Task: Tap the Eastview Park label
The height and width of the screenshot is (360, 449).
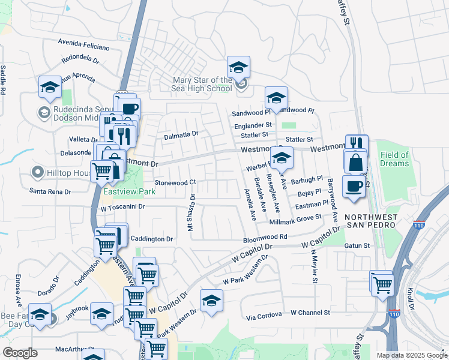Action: [x=129, y=192]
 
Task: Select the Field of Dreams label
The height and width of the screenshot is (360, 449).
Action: [x=394, y=159]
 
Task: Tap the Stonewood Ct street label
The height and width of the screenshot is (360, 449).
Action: [x=175, y=182]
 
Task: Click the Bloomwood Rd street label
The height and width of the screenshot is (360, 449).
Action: [x=265, y=238]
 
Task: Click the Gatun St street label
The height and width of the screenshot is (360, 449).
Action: [x=357, y=245]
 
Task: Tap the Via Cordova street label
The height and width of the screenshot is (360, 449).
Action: [x=264, y=316]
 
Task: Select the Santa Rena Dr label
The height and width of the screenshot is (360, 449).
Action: [x=50, y=191]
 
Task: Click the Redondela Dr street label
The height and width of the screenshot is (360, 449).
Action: [x=80, y=59]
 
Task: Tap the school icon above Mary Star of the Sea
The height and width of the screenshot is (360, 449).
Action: [x=238, y=67]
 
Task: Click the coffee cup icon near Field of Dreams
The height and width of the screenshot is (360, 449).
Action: [x=354, y=185]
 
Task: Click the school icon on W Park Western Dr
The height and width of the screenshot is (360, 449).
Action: [x=211, y=301]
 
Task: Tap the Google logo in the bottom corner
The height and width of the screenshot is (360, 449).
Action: [x=20, y=353]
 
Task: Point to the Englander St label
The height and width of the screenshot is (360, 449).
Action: [x=253, y=125]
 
